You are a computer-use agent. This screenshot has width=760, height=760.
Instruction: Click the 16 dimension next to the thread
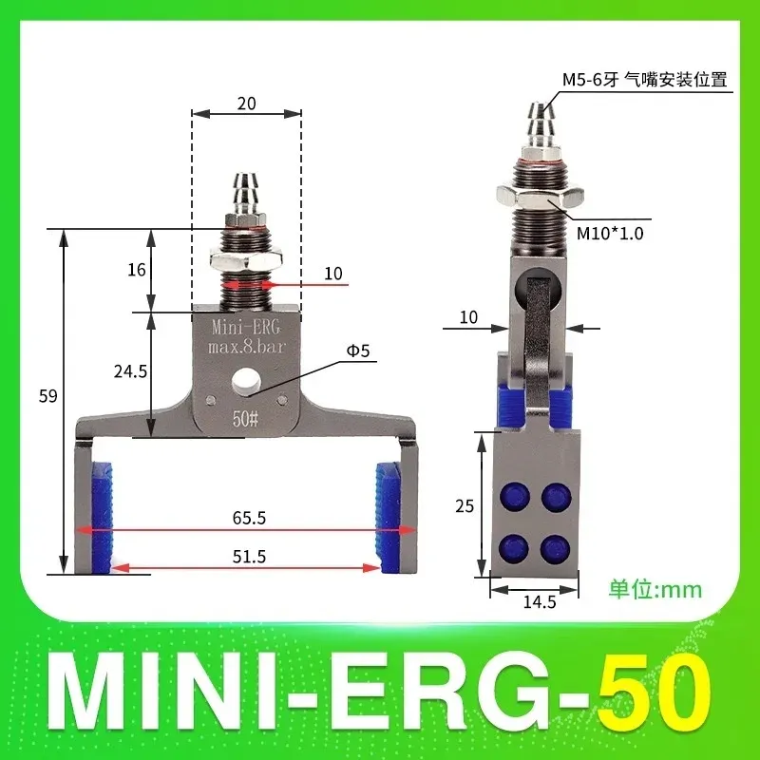tap(136, 270)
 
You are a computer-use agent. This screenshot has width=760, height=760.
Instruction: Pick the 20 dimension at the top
tap(246, 104)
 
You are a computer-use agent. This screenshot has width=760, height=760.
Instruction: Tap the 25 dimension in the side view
tap(465, 506)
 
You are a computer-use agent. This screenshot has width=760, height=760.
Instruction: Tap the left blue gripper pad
tap(102, 517)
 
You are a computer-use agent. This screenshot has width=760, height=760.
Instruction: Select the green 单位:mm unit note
tap(655, 589)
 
